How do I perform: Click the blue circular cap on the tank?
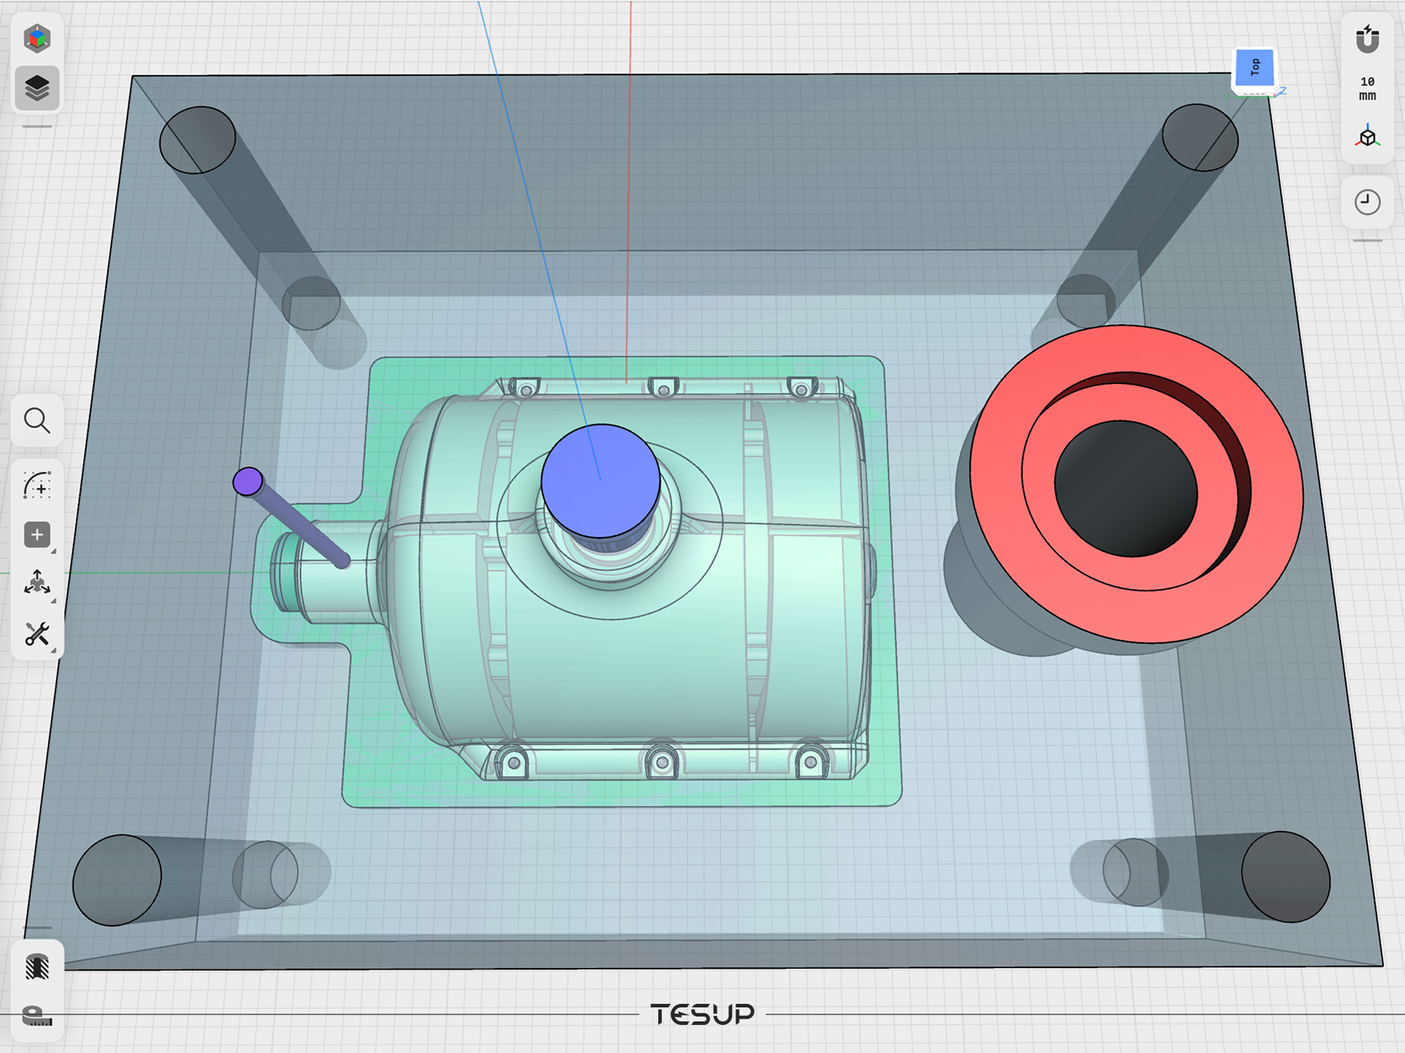coord(601,481)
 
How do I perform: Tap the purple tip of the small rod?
coord(248,482)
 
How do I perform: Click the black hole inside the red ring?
coord(1126,489)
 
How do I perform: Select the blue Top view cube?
coord(1255,69)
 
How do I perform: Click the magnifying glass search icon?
coord(37,421)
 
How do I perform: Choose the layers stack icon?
coord(37,88)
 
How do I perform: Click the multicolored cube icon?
coord(37,39)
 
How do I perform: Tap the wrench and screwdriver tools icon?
coord(37,634)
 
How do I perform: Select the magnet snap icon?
coord(1367,39)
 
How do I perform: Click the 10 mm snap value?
coord(1367,88)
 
